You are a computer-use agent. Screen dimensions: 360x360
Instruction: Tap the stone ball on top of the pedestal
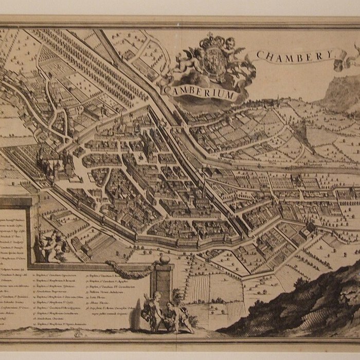[x=164, y=260]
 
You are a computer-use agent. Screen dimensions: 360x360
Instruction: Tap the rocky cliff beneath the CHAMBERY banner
[x=342, y=93]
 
